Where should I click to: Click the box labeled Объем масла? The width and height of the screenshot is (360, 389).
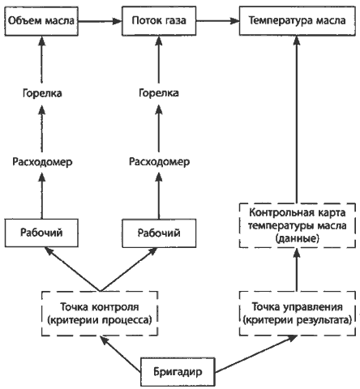pyautogui.click(x=41, y=21)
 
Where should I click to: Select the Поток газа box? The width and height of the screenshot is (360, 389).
pyautogui.click(x=159, y=21)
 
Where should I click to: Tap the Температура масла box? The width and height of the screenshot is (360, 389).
pyautogui.click(x=297, y=21)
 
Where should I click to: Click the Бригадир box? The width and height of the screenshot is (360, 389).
pyautogui.click(x=178, y=372)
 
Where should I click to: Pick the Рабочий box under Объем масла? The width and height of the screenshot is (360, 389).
pyautogui.click(x=41, y=233)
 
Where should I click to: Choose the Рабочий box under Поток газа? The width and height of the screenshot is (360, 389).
pyautogui.click(x=159, y=233)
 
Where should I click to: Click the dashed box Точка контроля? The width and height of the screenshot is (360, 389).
pyautogui.click(x=100, y=314)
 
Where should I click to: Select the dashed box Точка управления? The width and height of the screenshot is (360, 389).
pyautogui.click(x=297, y=314)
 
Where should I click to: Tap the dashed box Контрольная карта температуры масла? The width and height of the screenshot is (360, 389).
pyautogui.click(x=297, y=225)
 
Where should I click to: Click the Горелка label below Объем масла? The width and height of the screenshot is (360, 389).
pyautogui.click(x=42, y=93)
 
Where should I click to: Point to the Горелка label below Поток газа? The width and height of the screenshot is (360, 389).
pyautogui.click(x=159, y=93)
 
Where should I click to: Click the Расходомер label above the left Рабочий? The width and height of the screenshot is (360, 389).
pyautogui.click(x=42, y=162)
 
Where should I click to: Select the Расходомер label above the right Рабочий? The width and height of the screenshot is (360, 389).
pyautogui.click(x=159, y=161)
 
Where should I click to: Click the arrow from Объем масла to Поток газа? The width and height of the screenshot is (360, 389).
pyautogui.click(x=100, y=21)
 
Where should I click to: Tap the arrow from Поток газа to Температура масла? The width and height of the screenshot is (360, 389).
pyautogui.click(x=217, y=21)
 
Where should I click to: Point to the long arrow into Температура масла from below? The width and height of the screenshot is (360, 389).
pyautogui.click(x=297, y=119)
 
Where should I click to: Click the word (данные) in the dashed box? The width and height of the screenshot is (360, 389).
pyautogui.click(x=298, y=238)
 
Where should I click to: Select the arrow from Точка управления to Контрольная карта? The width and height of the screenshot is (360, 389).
pyautogui.click(x=297, y=270)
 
